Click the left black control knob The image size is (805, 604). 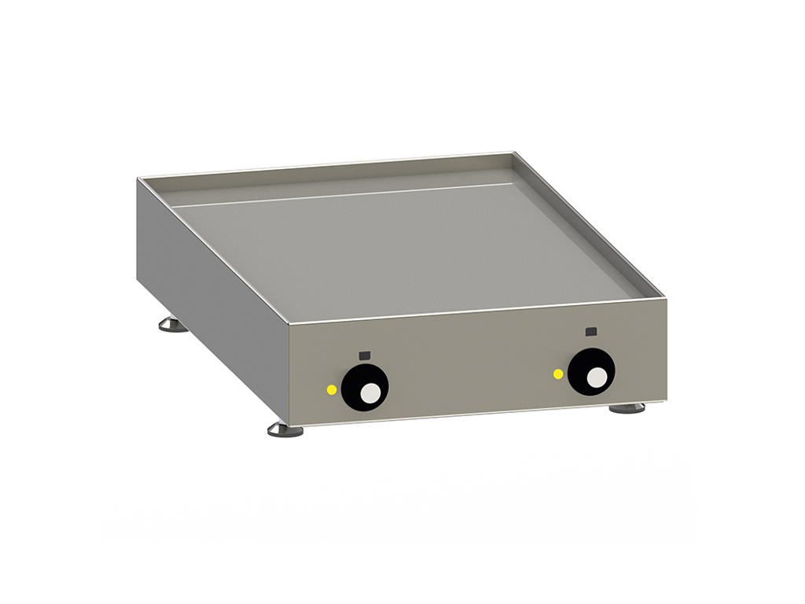click(x=365, y=387)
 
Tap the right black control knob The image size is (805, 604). click(x=591, y=372)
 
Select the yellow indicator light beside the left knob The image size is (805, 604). click(x=332, y=389)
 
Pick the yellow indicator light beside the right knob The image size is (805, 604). click(x=558, y=374)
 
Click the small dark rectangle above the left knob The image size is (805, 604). click(x=364, y=355)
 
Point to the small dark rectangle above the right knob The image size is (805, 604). click(x=591, y=331)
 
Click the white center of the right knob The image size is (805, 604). click(x=597, y=377)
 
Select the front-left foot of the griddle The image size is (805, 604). click(x=285, y=429)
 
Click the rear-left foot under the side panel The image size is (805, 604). click(x=173, y=324)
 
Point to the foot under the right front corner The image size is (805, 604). click(x=627, y=407)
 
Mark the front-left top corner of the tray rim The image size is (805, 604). click(x=288, y=324)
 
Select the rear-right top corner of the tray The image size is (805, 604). click(x=513, y=153)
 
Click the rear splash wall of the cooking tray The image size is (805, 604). click(x=330, y=179)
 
